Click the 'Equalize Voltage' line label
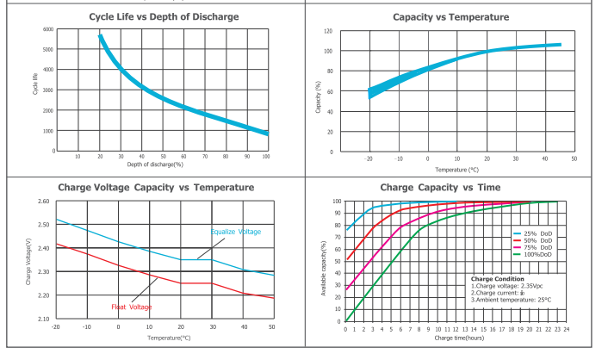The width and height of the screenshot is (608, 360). [x=235, y=232]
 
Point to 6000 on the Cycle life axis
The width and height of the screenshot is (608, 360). [x=48, y=29]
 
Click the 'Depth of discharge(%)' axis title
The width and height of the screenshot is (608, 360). [x=155, y=164]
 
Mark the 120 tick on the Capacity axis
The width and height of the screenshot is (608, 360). [x=328, y=31]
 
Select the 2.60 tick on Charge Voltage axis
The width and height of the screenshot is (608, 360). [x=44, y=202]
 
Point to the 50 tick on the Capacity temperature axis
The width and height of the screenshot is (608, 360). [x=574, y=159]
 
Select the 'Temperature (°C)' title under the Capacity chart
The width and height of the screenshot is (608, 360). [x=456, y=170]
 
